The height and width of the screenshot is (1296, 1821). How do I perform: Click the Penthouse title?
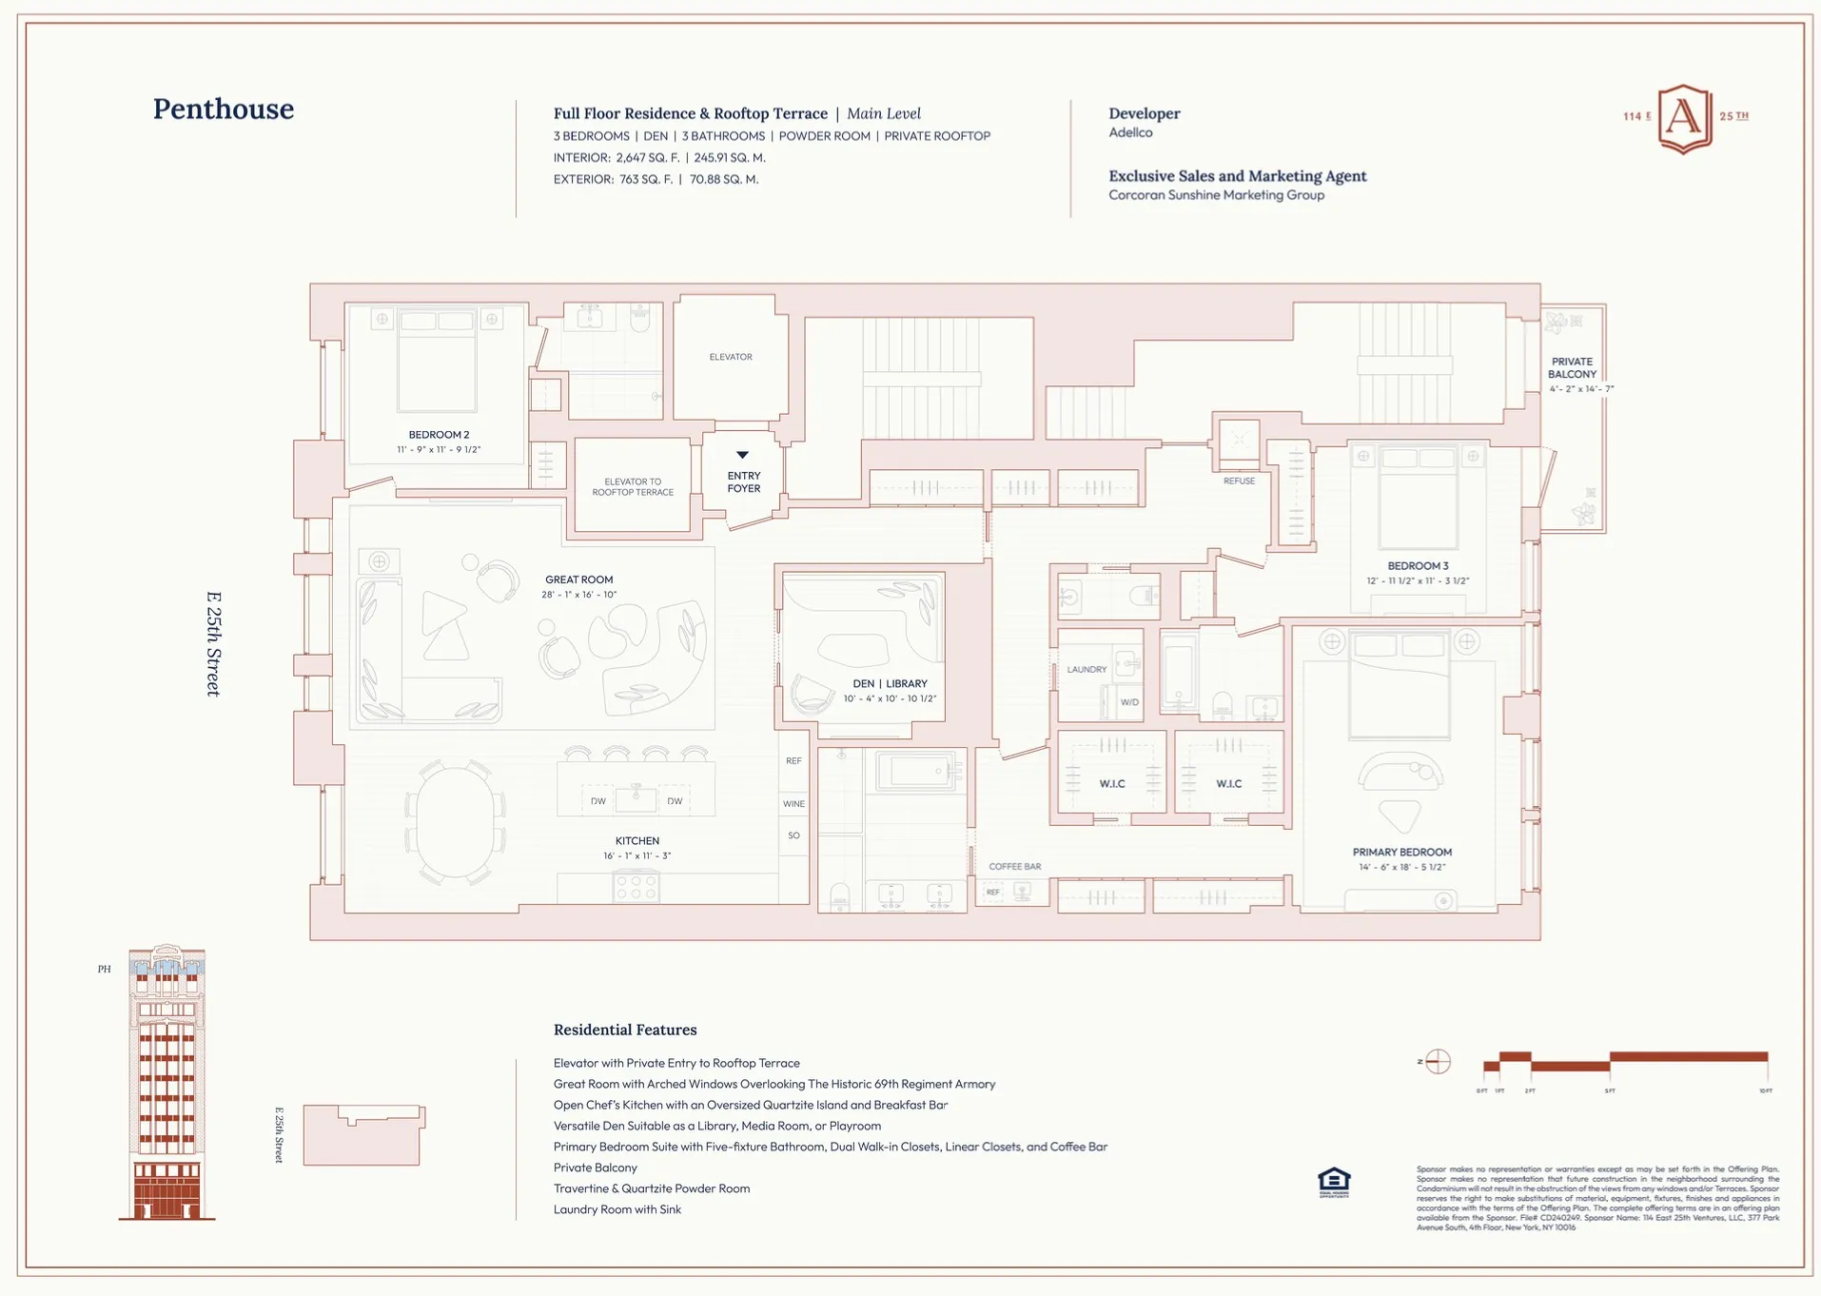224,109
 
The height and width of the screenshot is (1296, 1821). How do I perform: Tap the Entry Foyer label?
743,481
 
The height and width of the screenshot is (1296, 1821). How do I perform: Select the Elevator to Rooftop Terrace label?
633,487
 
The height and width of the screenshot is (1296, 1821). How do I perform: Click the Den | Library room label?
890,683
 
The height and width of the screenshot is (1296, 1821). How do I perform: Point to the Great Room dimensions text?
578,595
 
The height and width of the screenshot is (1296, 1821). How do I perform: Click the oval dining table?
455,823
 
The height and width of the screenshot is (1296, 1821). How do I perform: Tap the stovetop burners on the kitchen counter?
636,887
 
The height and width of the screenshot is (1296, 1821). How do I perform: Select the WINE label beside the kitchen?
793,804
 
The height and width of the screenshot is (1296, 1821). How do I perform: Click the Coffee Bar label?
1014,867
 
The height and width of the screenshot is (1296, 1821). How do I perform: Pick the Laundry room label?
1087,670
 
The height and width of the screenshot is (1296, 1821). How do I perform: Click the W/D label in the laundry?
1129,702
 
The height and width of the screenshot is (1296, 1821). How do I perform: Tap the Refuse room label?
1239,481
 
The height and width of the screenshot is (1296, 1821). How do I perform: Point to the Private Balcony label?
1572,367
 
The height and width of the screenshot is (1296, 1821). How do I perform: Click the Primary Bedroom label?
1401,853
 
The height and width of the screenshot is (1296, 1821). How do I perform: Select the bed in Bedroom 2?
437,362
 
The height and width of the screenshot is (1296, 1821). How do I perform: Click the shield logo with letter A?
1684,118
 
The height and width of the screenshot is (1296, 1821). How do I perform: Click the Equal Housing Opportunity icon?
1334,1183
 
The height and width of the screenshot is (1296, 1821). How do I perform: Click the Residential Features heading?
625,1030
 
